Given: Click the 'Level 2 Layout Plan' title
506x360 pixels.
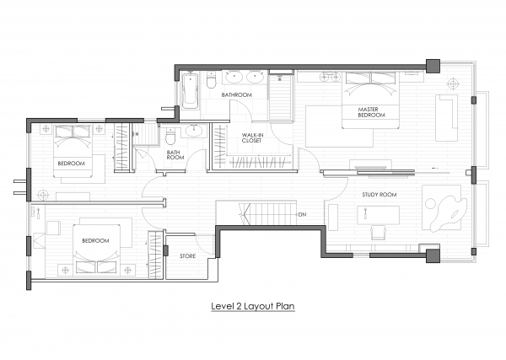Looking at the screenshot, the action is (x=253, y=306).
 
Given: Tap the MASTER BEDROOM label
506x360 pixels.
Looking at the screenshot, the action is (x=371, y=112).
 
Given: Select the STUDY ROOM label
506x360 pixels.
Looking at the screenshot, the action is (x=379, y=195).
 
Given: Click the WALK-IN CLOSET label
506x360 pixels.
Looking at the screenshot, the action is (x=252, y=137).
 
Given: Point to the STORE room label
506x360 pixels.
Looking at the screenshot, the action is (x=187, y=255).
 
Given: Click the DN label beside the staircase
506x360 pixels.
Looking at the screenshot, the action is (x=302, y=214).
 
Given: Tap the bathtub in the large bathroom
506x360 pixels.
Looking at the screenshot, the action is (x=190, y=91).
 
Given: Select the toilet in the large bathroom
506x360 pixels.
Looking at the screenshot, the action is (x=211, y=80).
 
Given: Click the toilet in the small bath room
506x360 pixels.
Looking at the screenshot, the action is (x=170, y=137).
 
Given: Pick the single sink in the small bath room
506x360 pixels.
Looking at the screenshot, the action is (x=194, y=132).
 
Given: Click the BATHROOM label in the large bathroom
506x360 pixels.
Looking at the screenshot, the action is (x=236, y=94).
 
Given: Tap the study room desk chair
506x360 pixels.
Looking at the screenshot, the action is (x=378, y=232).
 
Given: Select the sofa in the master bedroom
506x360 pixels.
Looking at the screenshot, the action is (x=446, y=118).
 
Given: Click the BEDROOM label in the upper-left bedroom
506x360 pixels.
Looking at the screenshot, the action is (x=72, y=164).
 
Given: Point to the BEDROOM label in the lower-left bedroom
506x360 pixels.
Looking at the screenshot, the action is (x=95, y=240).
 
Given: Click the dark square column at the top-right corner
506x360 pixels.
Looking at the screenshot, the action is (x=433, y=66).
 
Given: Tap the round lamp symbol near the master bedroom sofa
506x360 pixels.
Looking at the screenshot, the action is (x=453, y=83).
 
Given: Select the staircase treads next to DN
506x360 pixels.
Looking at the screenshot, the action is (x=267, y=213).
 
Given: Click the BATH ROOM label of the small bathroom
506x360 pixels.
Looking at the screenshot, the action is (x=175, y=155).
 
